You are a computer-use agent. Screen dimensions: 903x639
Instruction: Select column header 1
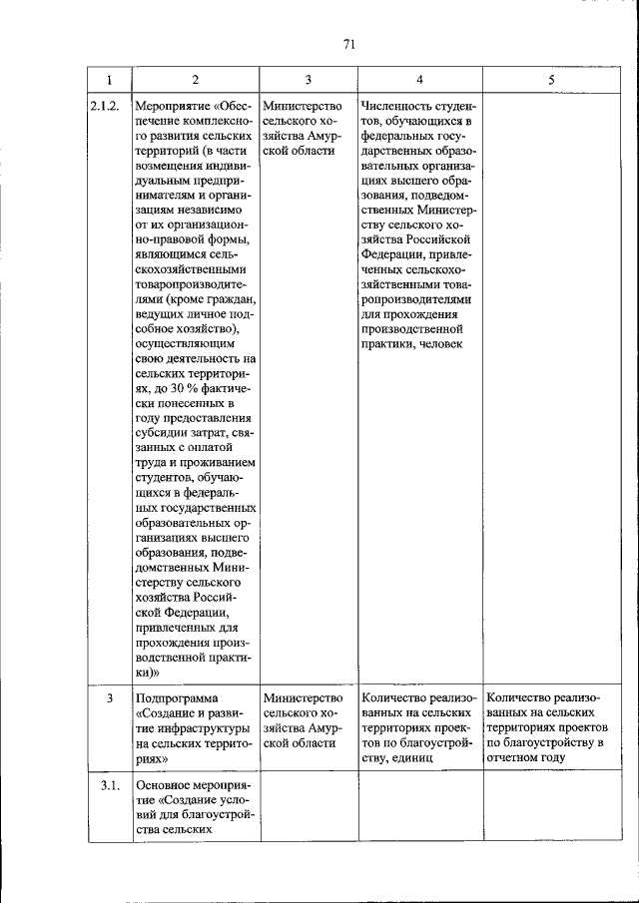point(108,79)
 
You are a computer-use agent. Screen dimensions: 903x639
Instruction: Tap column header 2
point(195,79)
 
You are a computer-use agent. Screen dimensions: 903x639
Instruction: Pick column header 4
point(419,79)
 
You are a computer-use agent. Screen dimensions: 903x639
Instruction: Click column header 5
point(550,79)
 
